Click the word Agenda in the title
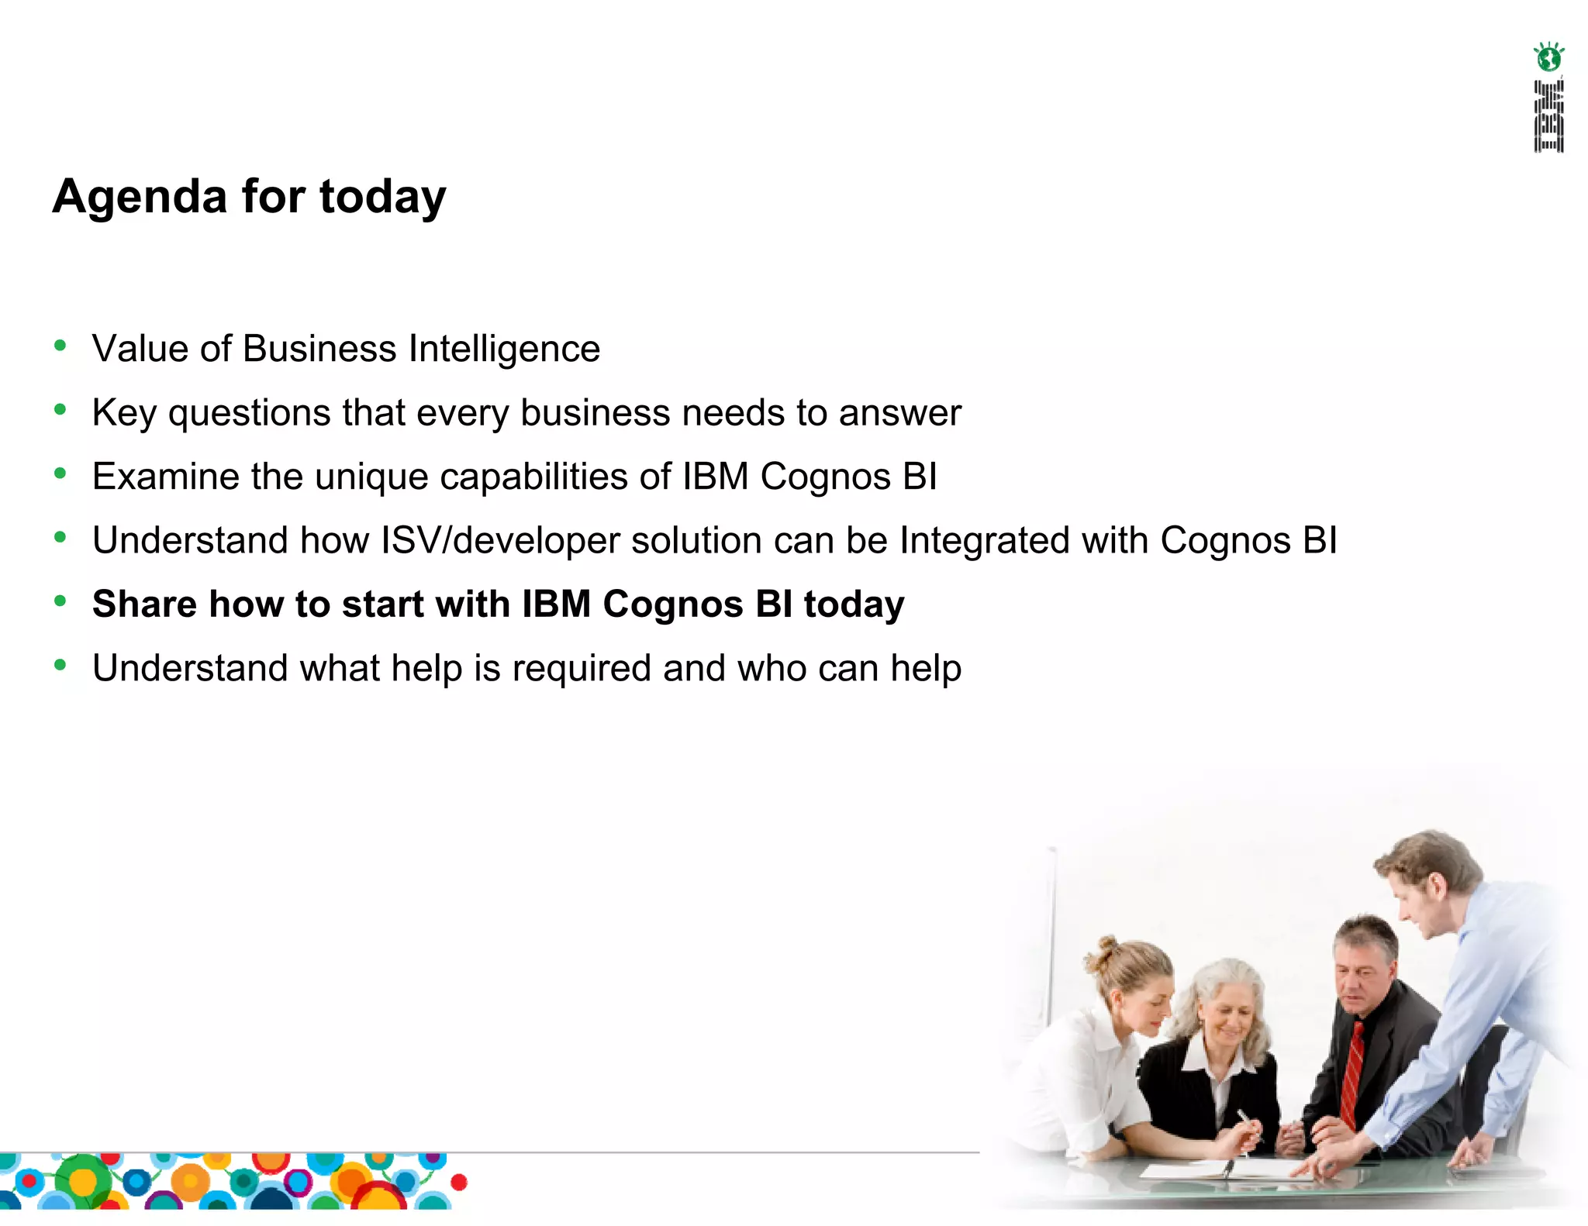click(x=140, y=198)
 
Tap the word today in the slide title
click(x=382, y=198)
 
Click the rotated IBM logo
click(x=1548, y=115)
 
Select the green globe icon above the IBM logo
click(x=1548, y=57)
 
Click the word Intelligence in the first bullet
click(x=504, y=350)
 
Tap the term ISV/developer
click(x=500, y=541)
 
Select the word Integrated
click(x=985, y=541)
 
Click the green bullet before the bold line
click(x=60, y=601)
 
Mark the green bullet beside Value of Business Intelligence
click(x=60, y=346)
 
